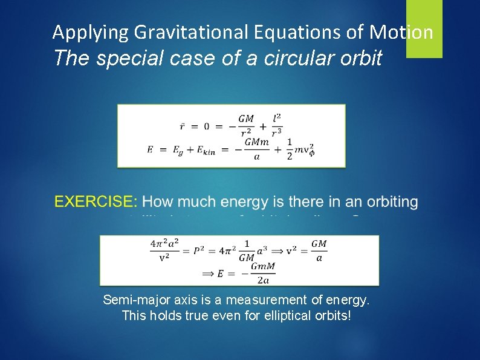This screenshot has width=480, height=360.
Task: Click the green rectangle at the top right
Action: point(424,28)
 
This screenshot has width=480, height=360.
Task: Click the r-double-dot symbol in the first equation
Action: point(183,126)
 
